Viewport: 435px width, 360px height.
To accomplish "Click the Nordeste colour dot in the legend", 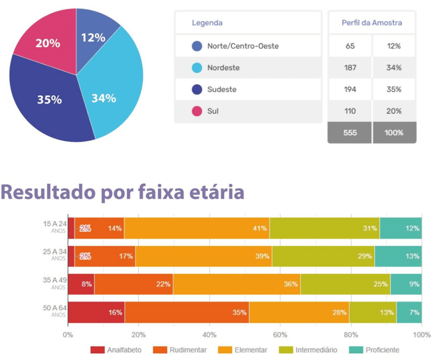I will (x=197, y=68).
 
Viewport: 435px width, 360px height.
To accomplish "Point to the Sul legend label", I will (x=212, y=111).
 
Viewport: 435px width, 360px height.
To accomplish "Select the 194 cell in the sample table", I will (x=350, y=90).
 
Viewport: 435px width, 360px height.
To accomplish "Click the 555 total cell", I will (x=350, y=133).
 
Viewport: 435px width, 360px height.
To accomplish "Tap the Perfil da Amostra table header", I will (x=371, y=23).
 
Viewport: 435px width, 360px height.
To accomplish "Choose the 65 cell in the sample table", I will (x=350, y=46).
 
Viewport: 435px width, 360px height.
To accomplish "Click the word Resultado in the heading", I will (x=48, y=192).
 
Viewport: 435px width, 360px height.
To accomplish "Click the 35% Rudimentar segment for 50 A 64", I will (x=186, y=312).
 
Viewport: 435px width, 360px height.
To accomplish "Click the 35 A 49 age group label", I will (x=55, y=281).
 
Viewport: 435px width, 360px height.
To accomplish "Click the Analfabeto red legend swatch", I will (x=97, y=350).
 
